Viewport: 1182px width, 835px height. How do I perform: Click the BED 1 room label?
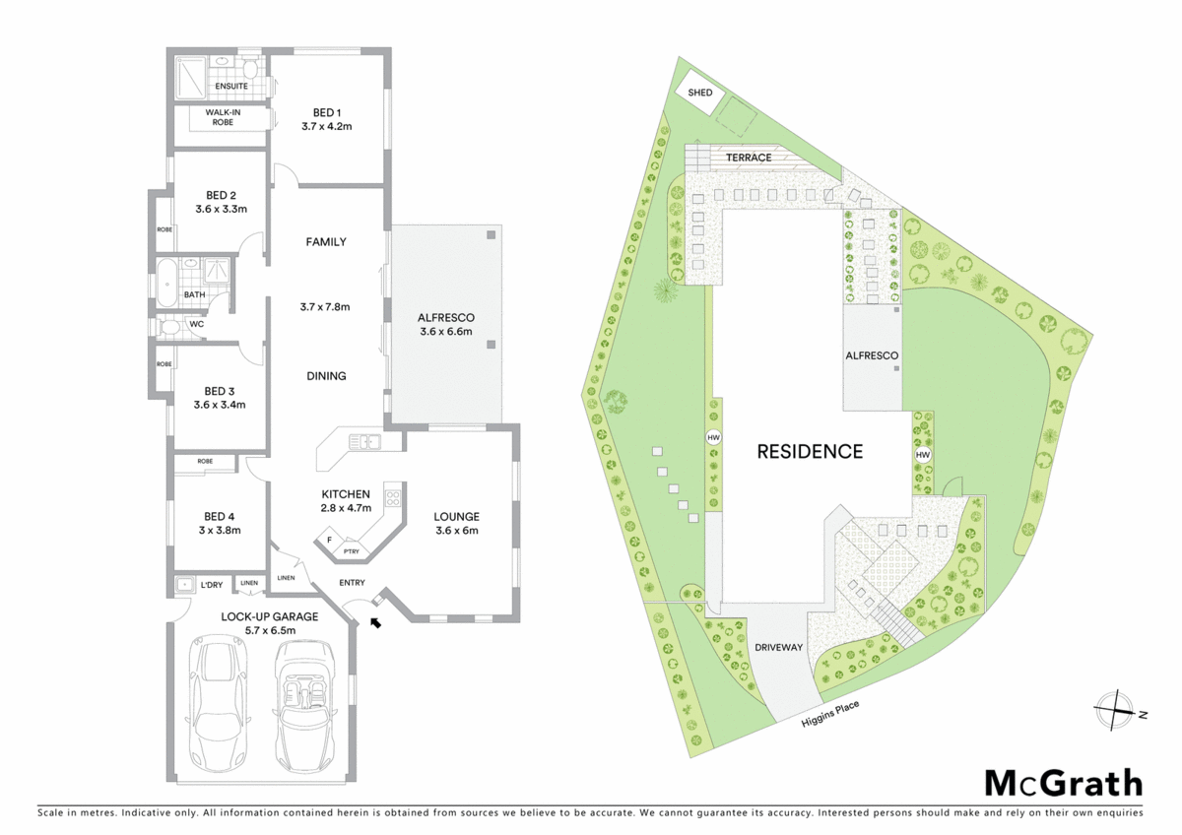pos(327,113)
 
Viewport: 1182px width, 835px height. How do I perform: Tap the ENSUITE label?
pos(231,87)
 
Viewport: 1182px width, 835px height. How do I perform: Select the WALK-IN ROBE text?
pos(224,118)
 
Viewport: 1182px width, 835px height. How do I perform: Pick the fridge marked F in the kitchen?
pos(328,541)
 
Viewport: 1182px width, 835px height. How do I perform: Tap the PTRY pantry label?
pos(351,551)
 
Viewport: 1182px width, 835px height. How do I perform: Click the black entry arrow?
pos(374,620)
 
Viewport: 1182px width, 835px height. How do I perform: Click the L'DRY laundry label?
pos(212,585)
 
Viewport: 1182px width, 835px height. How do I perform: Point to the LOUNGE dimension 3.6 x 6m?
pos(457,531)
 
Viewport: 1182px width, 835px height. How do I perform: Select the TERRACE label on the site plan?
pos(749,158)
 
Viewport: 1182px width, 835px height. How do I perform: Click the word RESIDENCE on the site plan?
pos(810,452)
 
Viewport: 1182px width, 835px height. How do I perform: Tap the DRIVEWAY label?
pos(779,648)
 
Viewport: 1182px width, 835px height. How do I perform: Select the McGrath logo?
pos(1064,783)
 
